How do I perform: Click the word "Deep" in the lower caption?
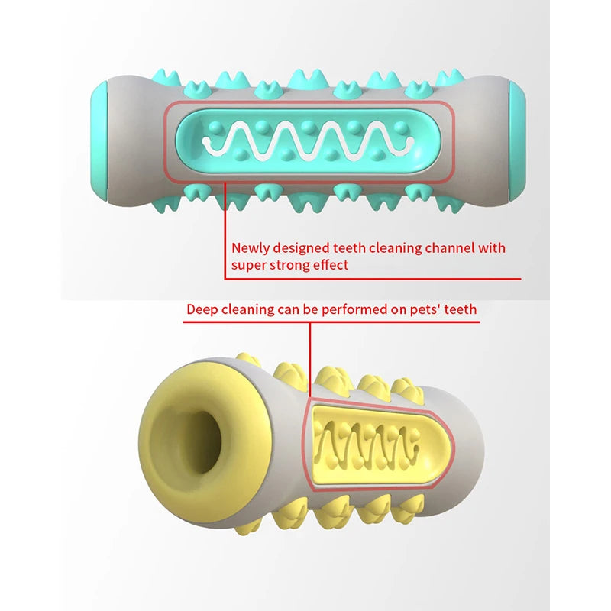(x=202, y=310)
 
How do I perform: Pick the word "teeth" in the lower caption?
(x=461, y=309)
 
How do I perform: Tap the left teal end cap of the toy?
(x=99, y=136)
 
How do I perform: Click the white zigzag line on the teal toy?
(x=308, y=140)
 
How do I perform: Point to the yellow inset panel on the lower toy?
(x=380, y=446)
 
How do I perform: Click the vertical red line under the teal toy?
(x=225, y=231)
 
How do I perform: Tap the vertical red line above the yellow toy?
(x=310, y=360)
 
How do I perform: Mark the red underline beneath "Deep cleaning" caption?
(x=331, y=322)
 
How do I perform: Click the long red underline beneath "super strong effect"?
(x=373, y=279)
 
